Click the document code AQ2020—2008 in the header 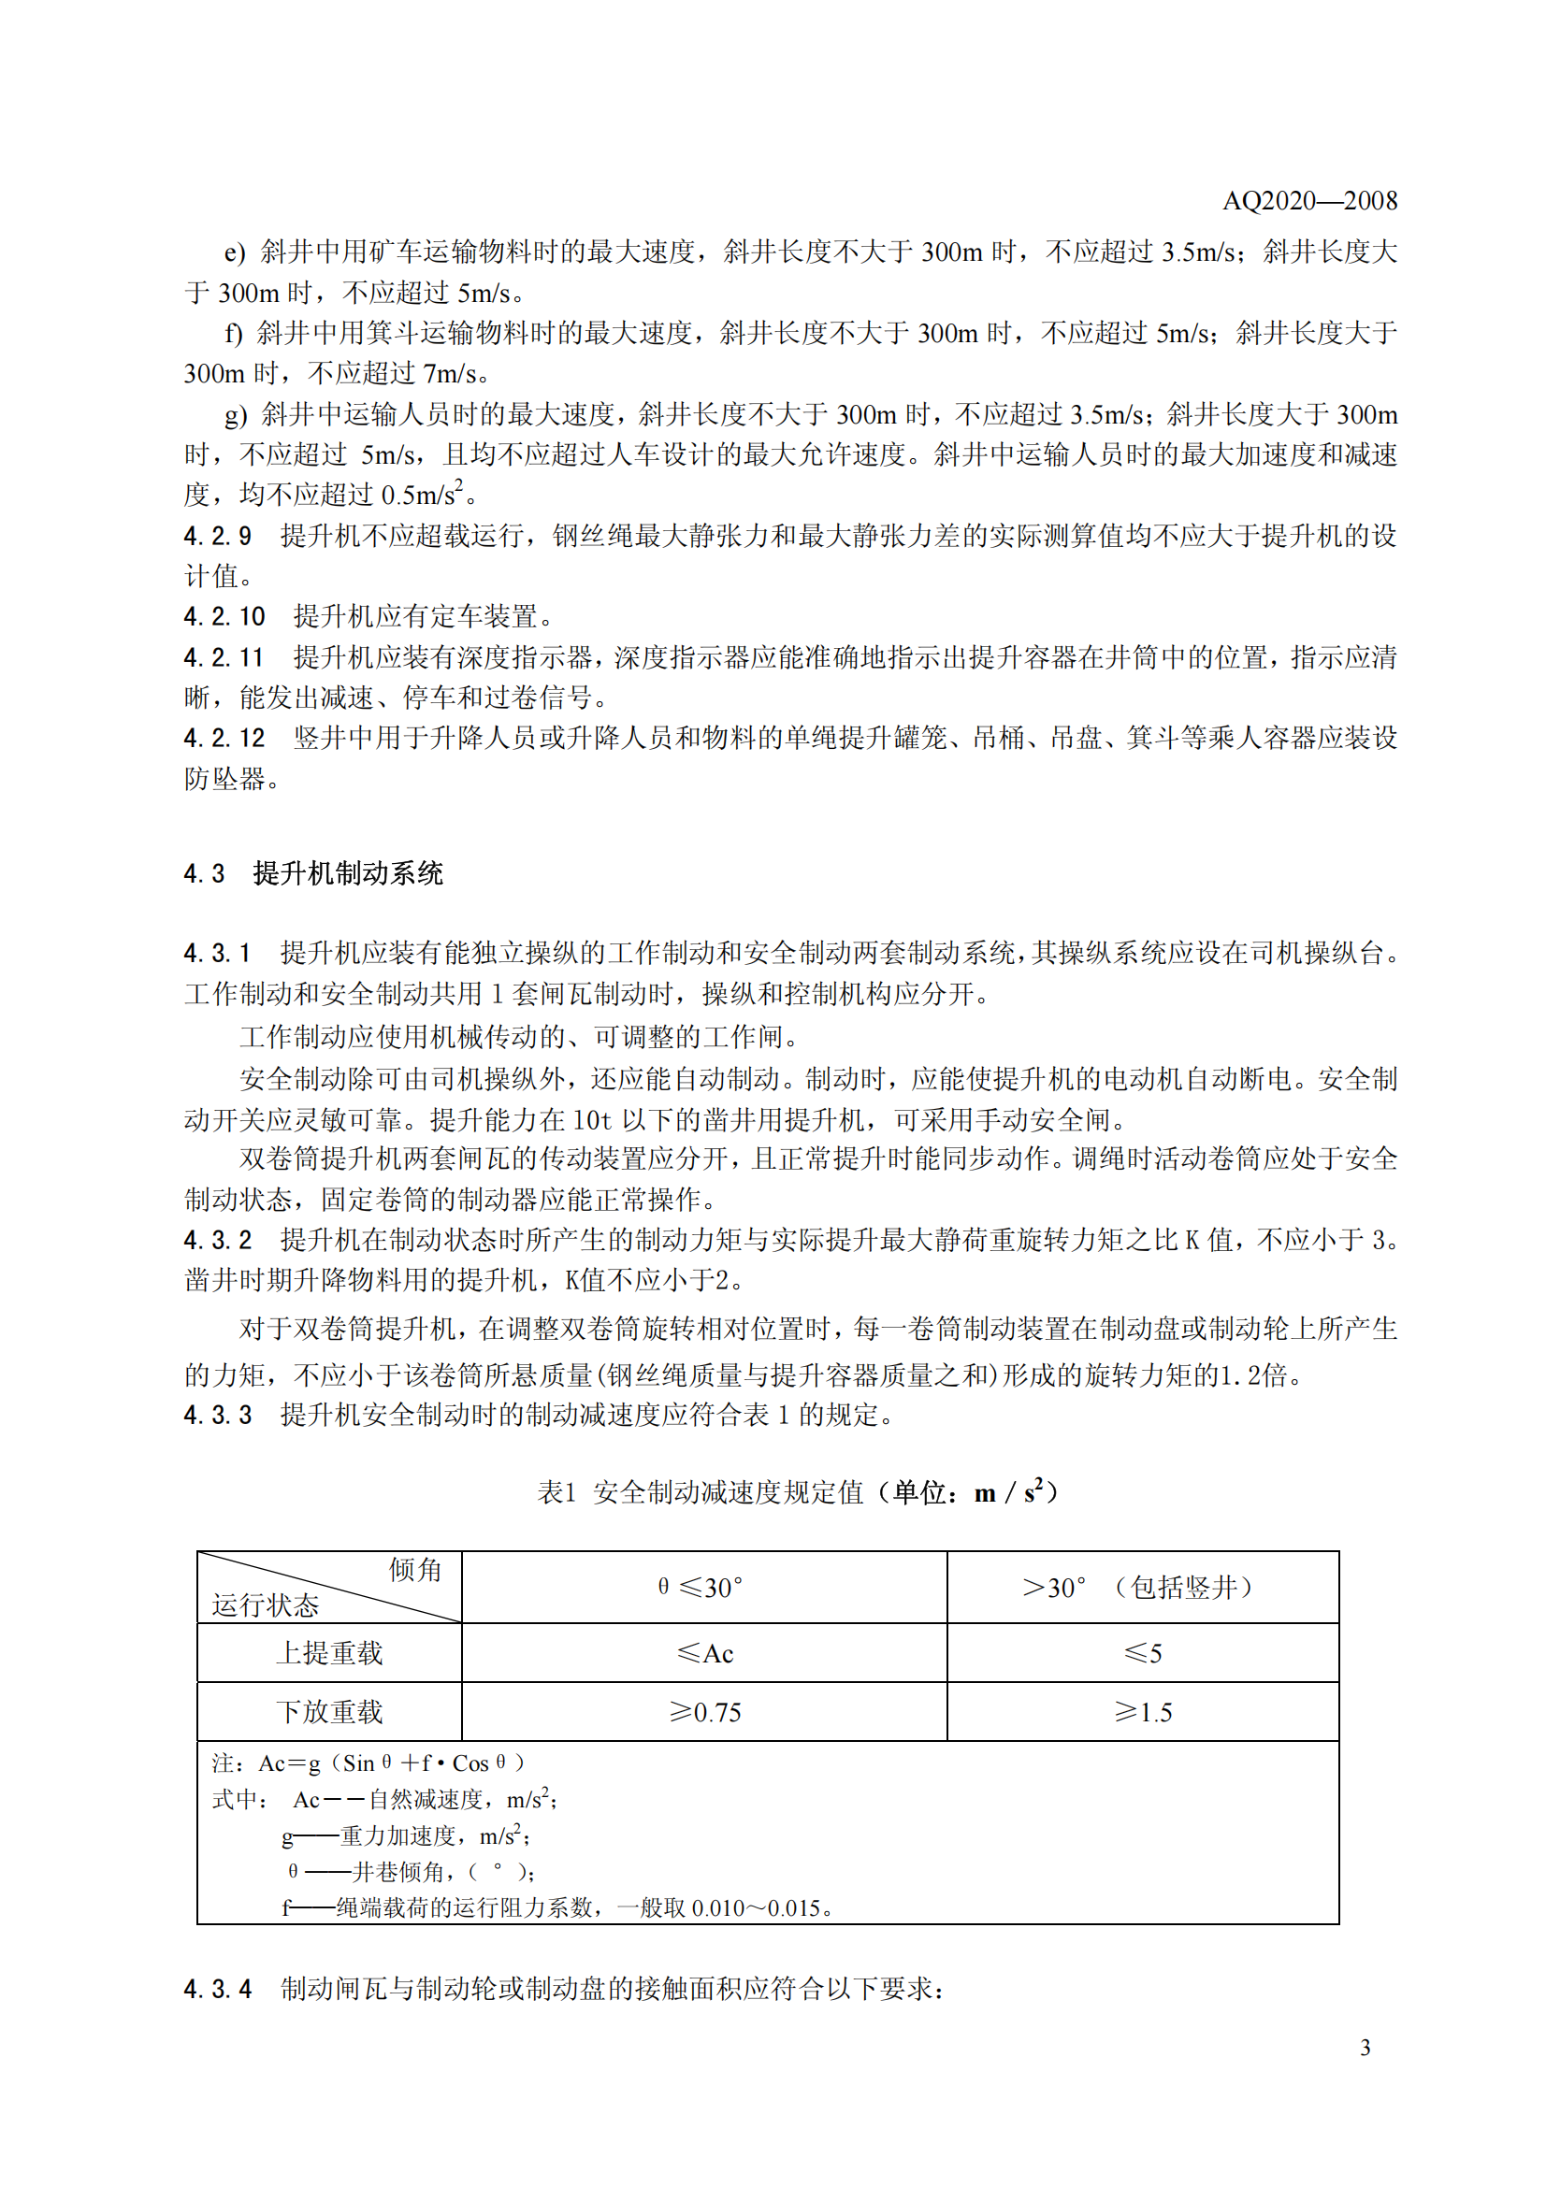[1308, 201]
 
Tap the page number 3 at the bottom [1364, 2047]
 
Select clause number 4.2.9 [217, 537]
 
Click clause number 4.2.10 [224, 617]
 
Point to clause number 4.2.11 [224, 658]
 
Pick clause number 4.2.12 [224, 739]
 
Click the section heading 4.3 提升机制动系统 [313, 873]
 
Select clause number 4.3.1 [217, 954]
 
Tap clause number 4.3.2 [217, 1240]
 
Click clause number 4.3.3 [217, 1416]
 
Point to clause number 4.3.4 [217, 1989]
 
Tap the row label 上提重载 [328, 1654]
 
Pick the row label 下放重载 [328, 1713]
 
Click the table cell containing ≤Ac [704, 1654]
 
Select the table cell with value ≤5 [1142, 1654]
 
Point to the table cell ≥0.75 [704, 1713]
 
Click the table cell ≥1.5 [1142, 1713]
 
